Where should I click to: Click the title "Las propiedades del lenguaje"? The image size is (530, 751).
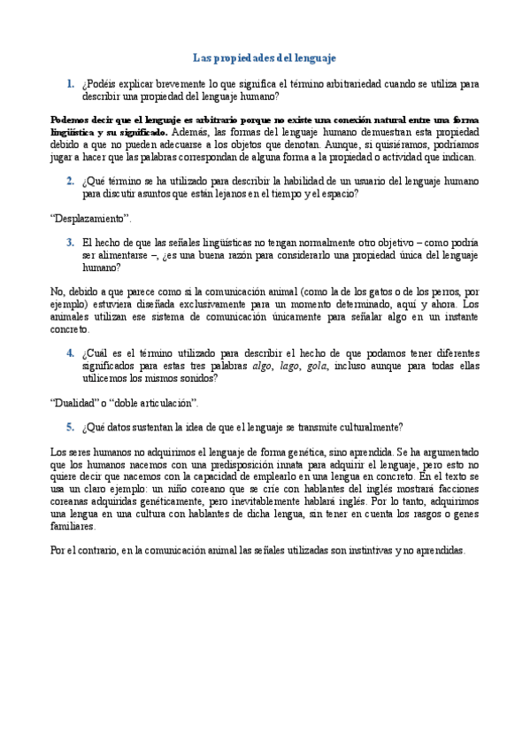click(x=265, y=58)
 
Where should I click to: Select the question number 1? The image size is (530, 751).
click(x=69, y=84)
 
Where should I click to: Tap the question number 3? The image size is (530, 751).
click(x=69, y=241)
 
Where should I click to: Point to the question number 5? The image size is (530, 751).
click(x=69, y=426)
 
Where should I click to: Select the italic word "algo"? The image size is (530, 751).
click(x=263, y=365)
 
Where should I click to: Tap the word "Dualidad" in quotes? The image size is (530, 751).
click(x=73, y=402)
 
